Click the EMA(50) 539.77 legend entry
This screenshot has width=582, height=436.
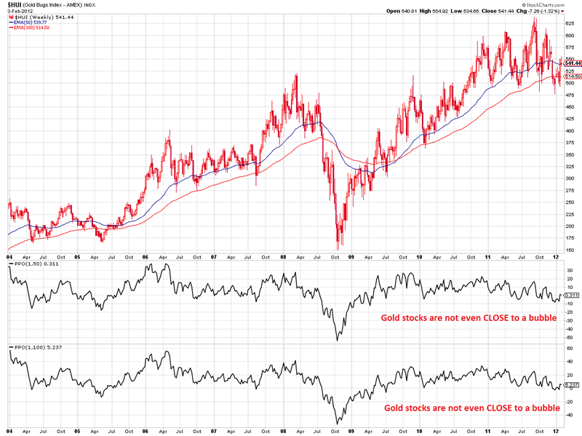36,22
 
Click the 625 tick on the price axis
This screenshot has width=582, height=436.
570,23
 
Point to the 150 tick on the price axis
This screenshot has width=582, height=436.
570,250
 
